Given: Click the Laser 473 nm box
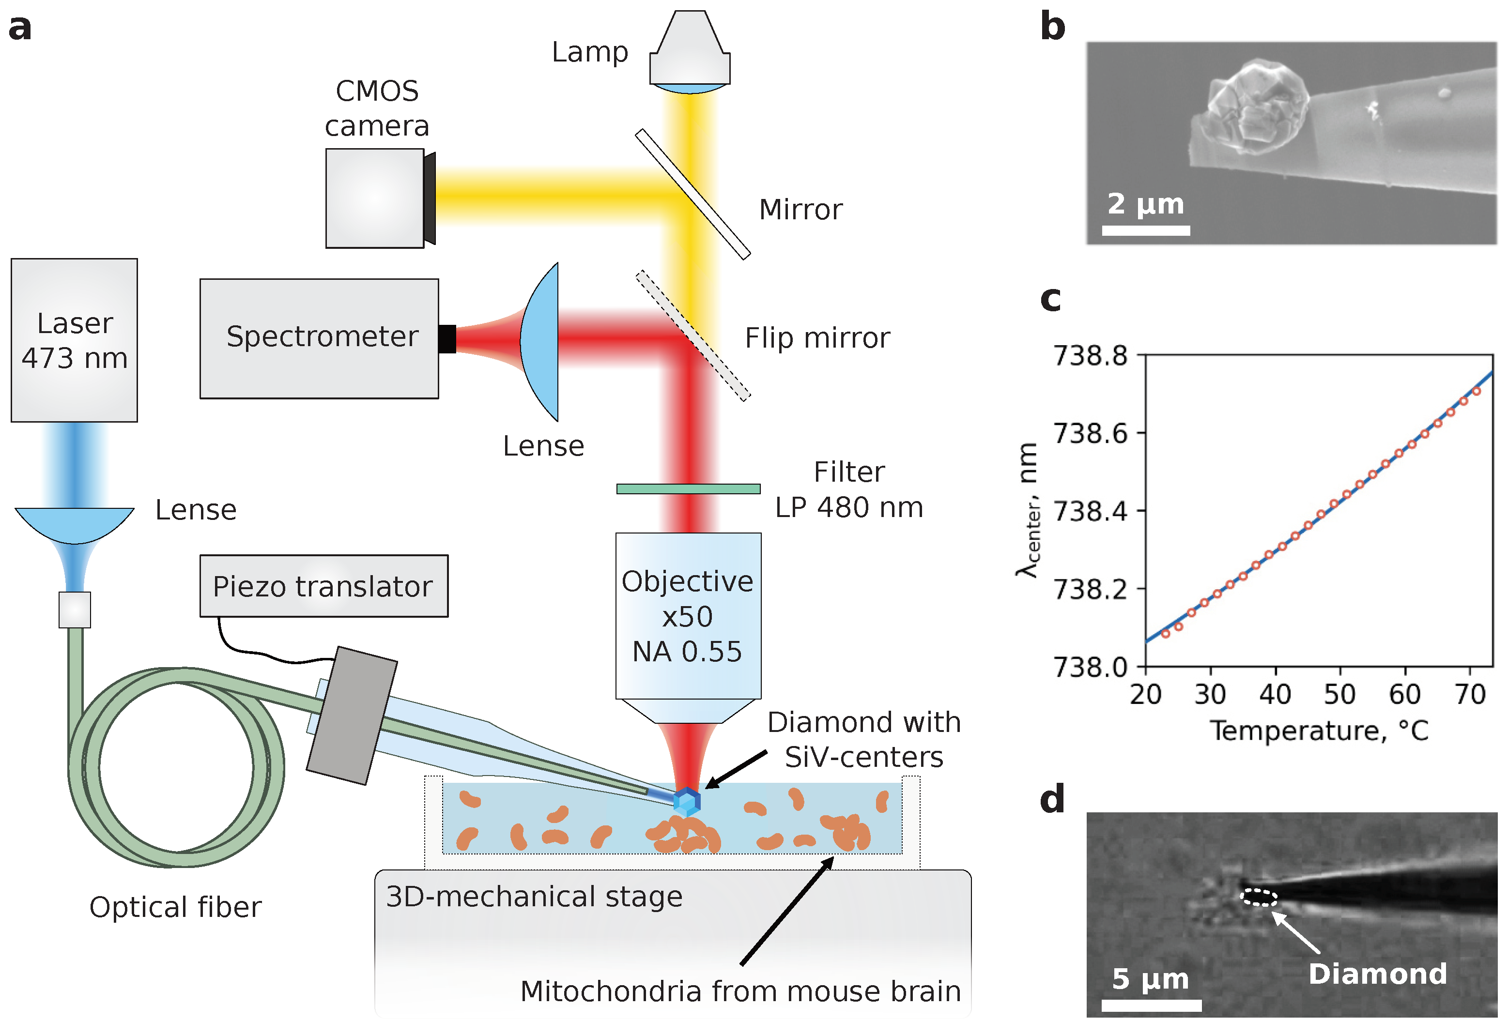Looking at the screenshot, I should (74, 340).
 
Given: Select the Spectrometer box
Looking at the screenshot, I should (319, 338).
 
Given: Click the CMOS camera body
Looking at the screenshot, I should (374, 198).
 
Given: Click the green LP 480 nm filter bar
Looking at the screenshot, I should (688, 489).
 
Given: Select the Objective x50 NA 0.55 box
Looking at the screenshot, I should (688, 615).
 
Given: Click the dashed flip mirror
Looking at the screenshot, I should (692, 335).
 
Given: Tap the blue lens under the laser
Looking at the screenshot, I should (74, 522).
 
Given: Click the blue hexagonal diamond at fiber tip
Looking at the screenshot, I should (687, 802).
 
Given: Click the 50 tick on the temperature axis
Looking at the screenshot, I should (1339, 695).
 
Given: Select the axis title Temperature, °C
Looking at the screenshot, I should (1319, 731).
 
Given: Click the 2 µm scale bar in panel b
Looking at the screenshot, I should (1146, 230).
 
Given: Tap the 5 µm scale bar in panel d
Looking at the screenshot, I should (1151, 1006).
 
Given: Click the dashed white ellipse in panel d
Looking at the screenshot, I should (1259, 898).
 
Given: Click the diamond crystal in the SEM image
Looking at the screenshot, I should (1258, 106).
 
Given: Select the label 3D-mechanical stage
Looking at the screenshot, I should (534, 897).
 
